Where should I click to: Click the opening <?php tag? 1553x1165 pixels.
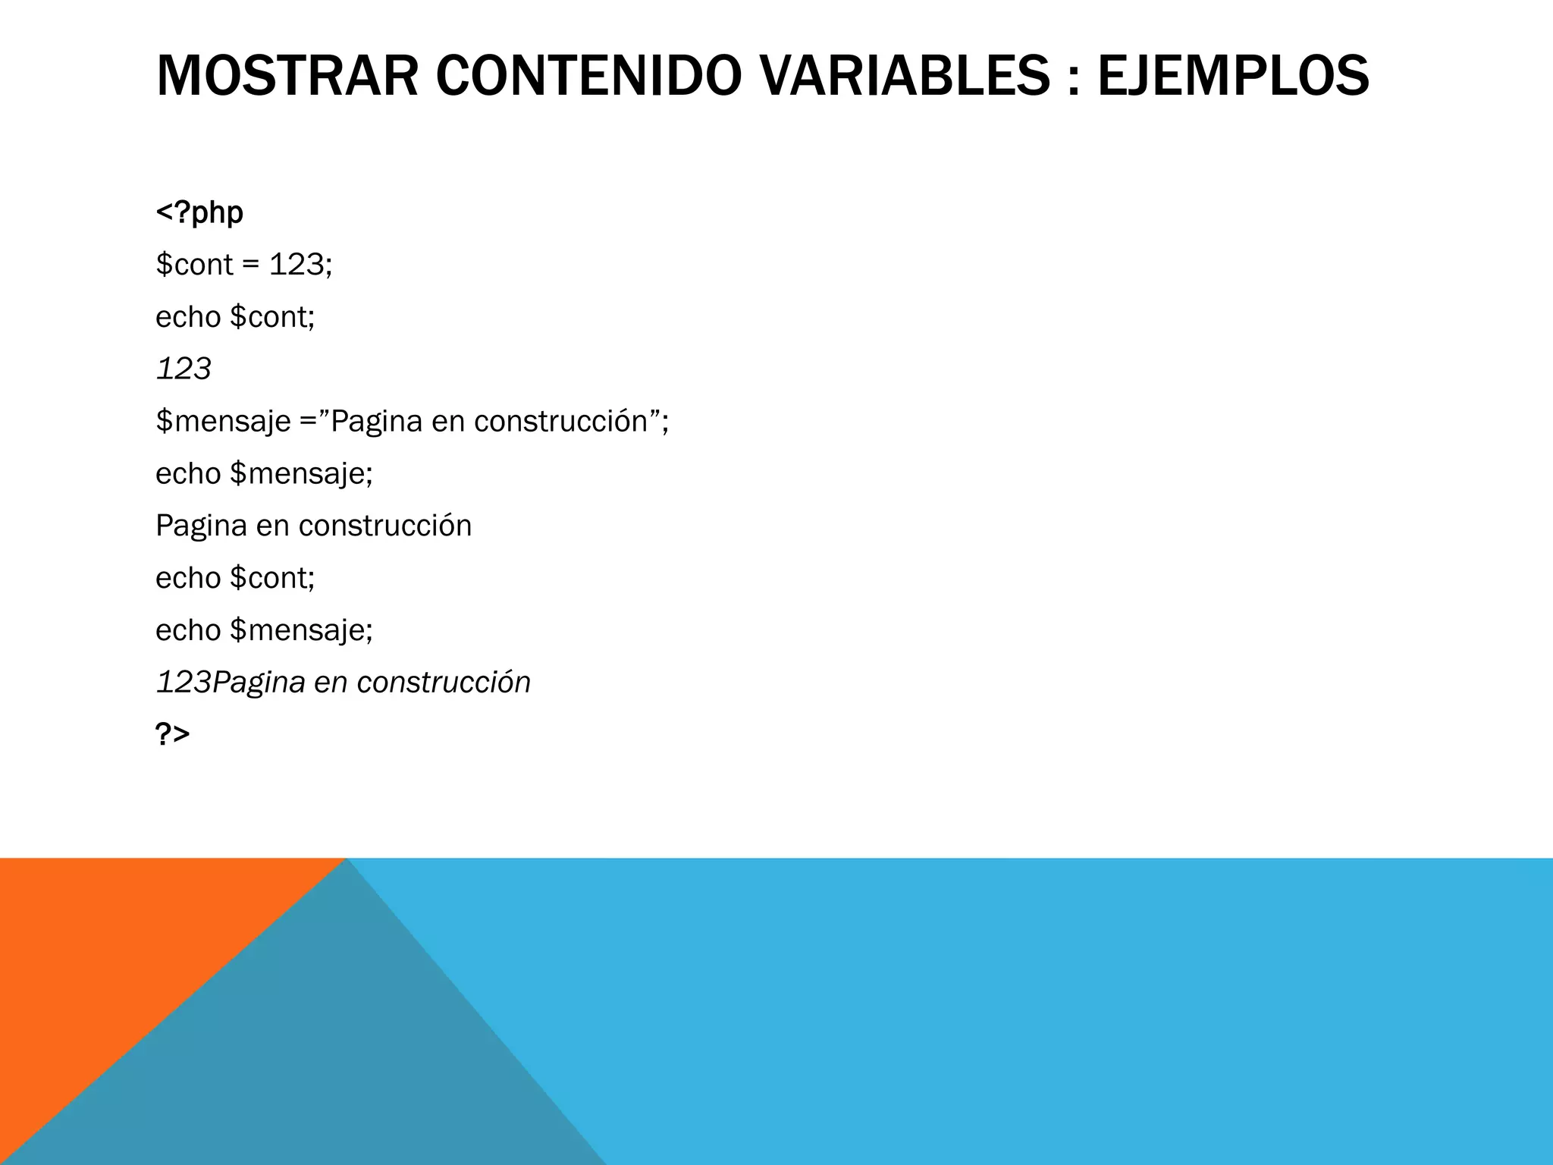point(199,212)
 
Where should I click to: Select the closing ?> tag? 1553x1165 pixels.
point(172,734)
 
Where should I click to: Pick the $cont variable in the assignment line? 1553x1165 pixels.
point(194,265)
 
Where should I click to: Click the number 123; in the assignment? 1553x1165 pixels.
point(301,265)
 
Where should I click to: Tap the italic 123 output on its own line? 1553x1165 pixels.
point(184,369)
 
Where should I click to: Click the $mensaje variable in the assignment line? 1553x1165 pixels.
point(223,422)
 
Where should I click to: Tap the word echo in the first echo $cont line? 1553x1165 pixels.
point(188,317)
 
